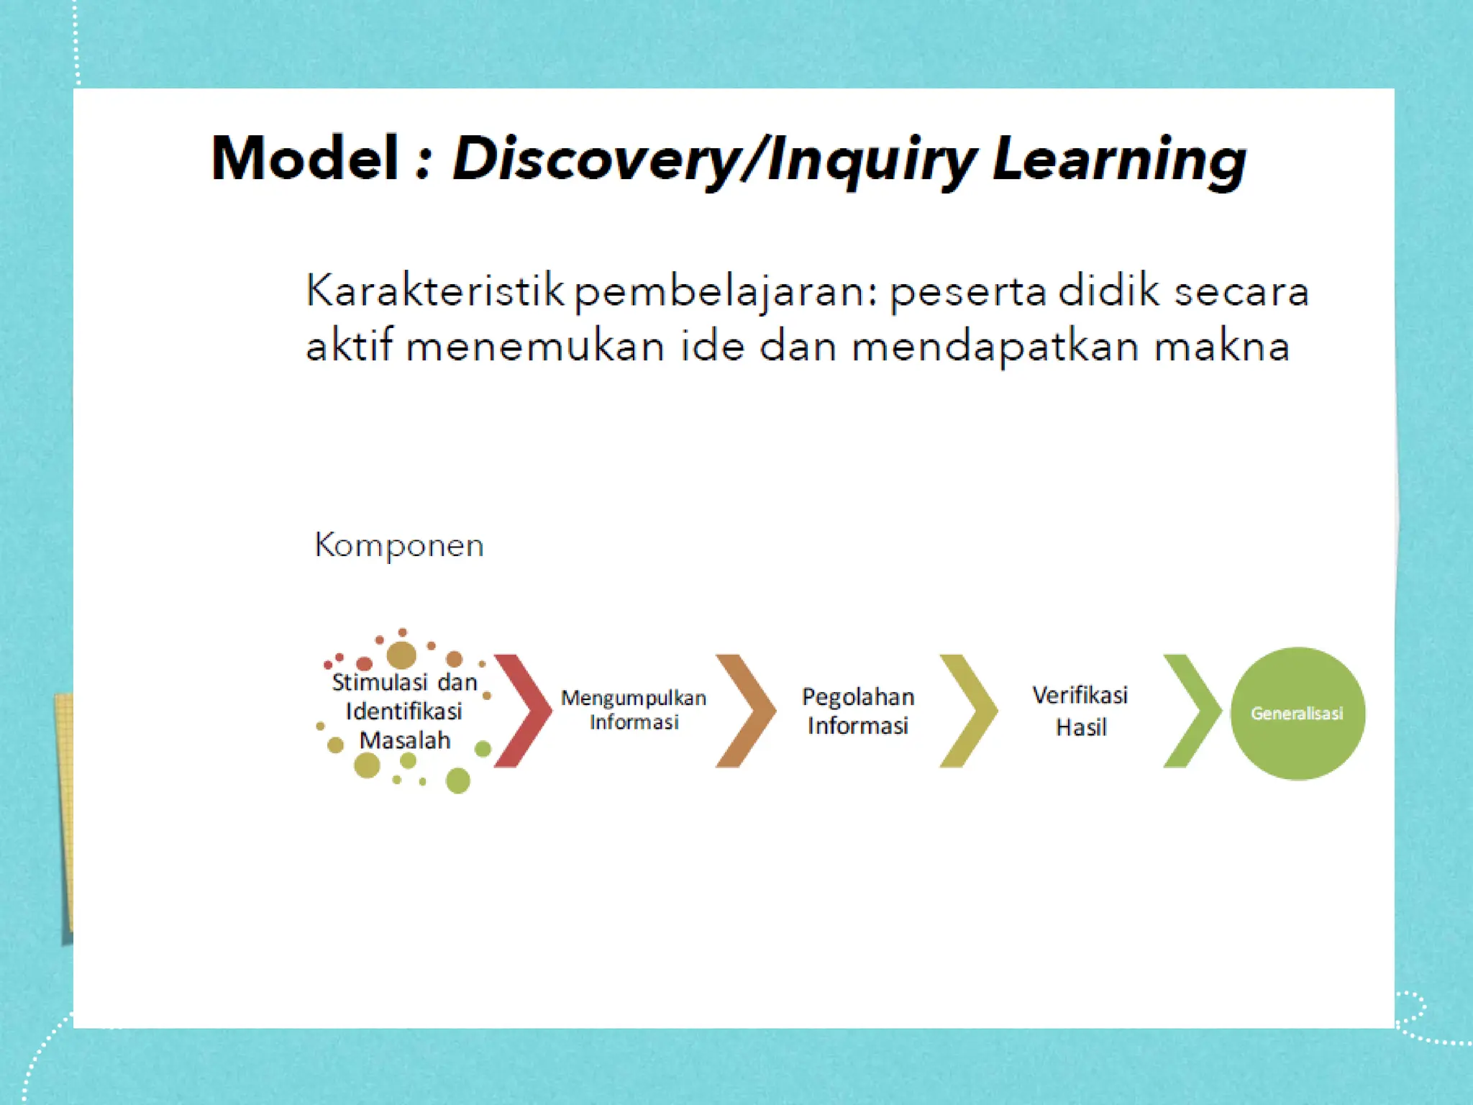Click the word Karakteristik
435,291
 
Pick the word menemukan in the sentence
535,347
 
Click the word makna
1222,347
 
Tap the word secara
1241,292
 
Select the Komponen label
399,545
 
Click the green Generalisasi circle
1298,714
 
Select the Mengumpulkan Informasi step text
634,709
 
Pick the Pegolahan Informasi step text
858,711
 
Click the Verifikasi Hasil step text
1080,711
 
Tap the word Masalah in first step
405,740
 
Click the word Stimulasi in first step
379,682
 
